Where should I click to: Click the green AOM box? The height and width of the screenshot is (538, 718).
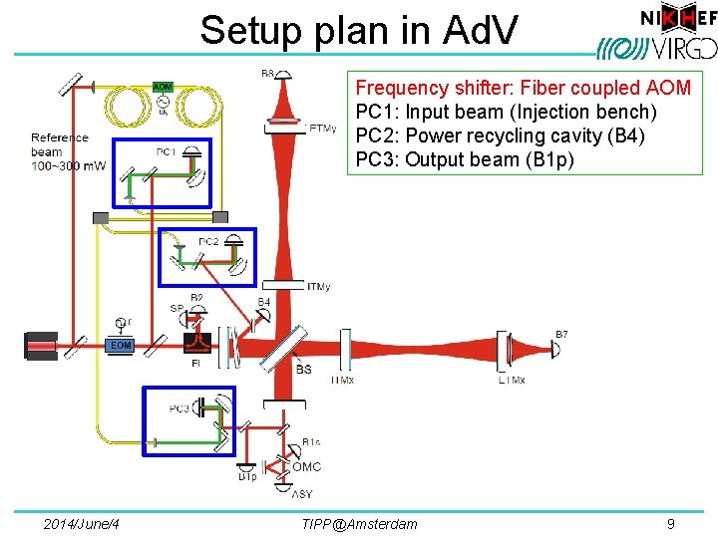point(162,87)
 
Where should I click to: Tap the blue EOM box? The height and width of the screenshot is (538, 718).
point(120,345)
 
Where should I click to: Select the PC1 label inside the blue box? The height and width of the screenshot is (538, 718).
point(166,150)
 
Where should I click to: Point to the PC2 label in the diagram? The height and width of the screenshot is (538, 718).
point(208,241)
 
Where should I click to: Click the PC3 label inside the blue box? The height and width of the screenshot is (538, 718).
point(179,408)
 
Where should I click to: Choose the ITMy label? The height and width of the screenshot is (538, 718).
point(319,287)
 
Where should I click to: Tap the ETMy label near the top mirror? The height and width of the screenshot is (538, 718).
point(323,129)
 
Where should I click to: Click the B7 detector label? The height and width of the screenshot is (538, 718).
point(561,334)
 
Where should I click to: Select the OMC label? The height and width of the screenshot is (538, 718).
point(306,466)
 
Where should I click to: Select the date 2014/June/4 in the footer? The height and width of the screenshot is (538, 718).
point(83,524)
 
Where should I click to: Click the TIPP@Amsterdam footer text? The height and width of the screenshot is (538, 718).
point(358,524)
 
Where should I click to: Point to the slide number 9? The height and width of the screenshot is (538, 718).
point(670,523)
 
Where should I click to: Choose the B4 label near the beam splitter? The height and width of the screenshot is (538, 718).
point(263,302)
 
